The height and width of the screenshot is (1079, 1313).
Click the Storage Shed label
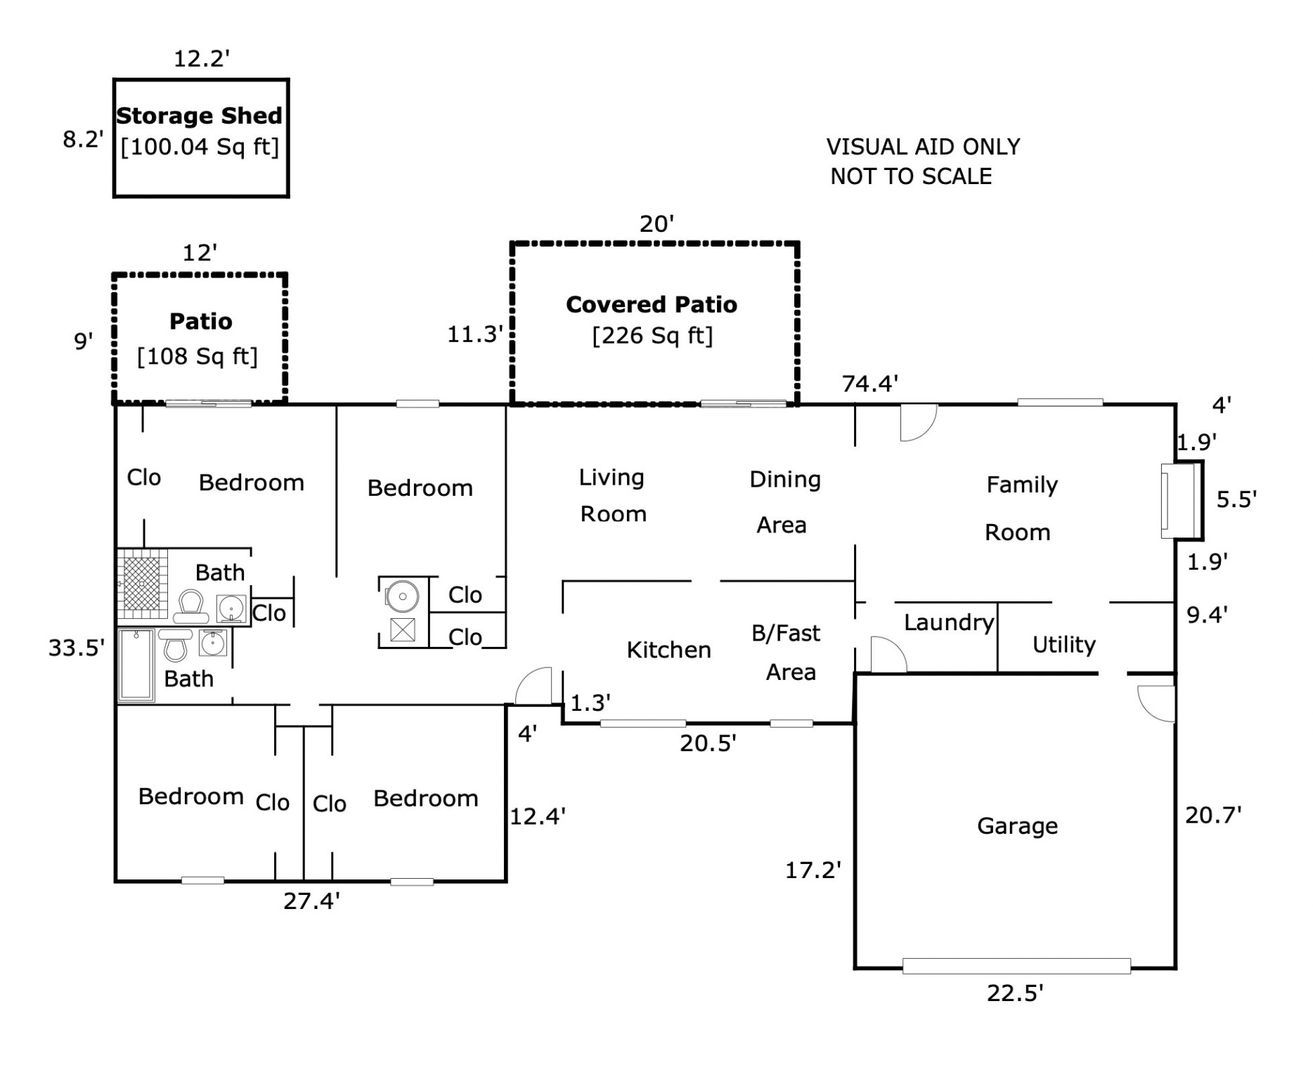pos(199,116)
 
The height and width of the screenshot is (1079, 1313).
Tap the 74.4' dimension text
pos(870,384)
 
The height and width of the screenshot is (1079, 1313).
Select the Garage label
pos(1017,826)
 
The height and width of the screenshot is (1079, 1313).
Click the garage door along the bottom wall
pos(1016,966)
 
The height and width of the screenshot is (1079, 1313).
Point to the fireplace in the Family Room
pos(1179,500)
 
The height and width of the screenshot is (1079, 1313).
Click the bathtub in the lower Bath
pos(136,665)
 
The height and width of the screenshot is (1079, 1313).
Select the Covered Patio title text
pos(652,304)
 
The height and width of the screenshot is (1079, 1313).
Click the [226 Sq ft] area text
pos(652,336)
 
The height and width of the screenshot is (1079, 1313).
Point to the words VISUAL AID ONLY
pos(923,147)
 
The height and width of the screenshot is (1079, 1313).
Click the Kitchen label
pos(668,650)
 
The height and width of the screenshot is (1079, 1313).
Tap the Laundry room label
pos(949,622)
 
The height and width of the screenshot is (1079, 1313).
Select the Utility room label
pos(1063,645)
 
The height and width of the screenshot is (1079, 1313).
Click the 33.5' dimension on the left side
pos(76,648)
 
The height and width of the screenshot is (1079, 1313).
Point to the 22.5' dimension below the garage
pos(1015,993)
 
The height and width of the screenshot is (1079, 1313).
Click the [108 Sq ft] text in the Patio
pos(198,357)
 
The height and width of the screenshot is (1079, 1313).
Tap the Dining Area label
pos(784,502)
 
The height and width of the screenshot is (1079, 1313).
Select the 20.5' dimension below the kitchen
pos(708,743)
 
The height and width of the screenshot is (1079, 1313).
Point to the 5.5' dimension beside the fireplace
pos(1236,499)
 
